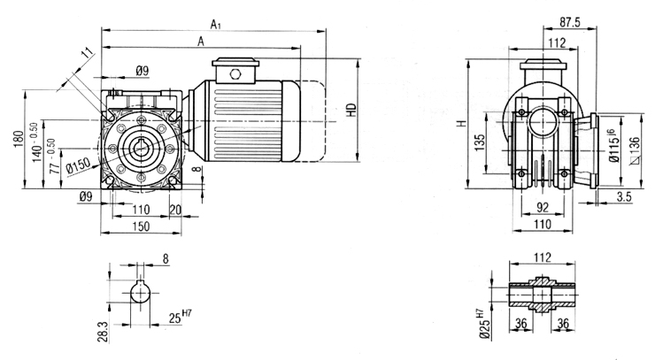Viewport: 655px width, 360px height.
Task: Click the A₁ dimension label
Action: (x=216, y=25)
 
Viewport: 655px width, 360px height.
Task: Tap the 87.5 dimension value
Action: (x=570, y=22)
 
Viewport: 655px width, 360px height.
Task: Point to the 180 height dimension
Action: (x=18, y=140)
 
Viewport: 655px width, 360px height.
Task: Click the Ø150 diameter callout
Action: (x=79, y=165)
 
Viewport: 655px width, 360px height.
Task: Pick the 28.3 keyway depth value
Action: (x=103, y=332)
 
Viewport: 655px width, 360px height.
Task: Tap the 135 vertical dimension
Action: (x=480, y=142)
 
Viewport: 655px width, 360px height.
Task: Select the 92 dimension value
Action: (x=543, y=207)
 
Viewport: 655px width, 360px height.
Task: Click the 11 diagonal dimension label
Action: (x=87, y=53)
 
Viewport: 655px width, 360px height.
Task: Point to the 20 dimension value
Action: (x=175, y=210)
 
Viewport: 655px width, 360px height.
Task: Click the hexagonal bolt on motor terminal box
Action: (x=235, y=75)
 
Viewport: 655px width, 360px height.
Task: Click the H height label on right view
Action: (x=461, y=124)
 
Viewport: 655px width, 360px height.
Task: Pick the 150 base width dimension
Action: (x=142, y=226)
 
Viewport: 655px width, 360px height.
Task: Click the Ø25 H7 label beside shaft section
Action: (x=483, y=323)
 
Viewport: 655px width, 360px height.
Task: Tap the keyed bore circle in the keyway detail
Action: (x=141, y=293)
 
